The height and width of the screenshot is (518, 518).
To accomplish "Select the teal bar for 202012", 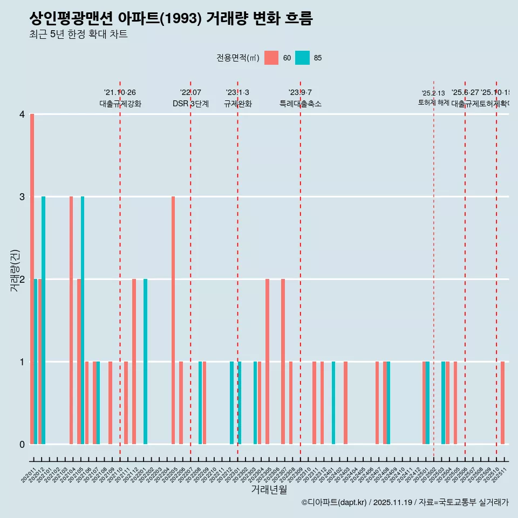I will pyautogui.click(x=44, y=321).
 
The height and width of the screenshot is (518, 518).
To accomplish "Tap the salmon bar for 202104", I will pyautogui.click(x=71, y=321).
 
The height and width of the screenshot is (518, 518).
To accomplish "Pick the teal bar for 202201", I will pyautogui.click(x=146, y=362).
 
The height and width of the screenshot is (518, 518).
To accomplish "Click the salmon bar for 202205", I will pyautogui.click(x=173, y=321).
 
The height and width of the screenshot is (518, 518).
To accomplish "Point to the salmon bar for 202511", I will pyautogui.click(x=502, y=403).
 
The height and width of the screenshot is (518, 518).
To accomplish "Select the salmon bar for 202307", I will pyautogui.click(x=283, y=362).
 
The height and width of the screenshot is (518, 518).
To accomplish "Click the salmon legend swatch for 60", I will pyautogui.click(x=271, y=58).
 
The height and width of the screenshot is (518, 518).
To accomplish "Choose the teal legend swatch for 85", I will pyautogui.click(x=303, y=58).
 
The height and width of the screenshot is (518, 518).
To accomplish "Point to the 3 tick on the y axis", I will pyautogui.click(x=22, y=197).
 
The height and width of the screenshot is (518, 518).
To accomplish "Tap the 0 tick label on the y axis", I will pyautogui.click(x=22, y=445).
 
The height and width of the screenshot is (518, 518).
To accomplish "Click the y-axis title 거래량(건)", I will pyautogui.click(x=15, y=270).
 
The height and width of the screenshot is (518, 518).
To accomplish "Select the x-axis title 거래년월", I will pyautogui.click(x=269, y=489).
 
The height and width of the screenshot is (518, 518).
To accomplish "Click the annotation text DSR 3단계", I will pyautogui.click(x=190, y=104).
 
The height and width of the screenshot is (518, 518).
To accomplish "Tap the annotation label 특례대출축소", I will pyautogui.click(x=300, y=104).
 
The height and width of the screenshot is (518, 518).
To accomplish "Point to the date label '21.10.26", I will pyautogui.click(x=120, y=93).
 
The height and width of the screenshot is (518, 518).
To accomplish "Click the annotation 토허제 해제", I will pyautogui.click(x=433, y=103).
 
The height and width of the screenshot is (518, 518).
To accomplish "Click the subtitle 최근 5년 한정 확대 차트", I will pyautogui.click(x=78, y=35).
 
